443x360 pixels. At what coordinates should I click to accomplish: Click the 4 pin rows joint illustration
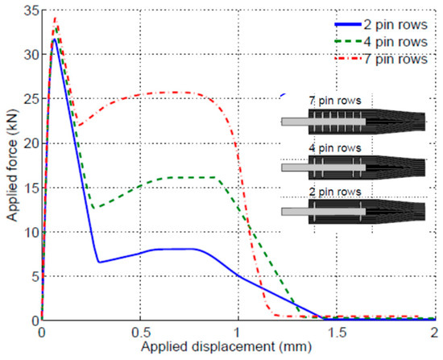coord(354,168)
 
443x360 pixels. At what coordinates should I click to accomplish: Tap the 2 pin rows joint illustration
coord(354,212)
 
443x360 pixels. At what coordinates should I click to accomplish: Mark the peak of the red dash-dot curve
coord(55,18)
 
